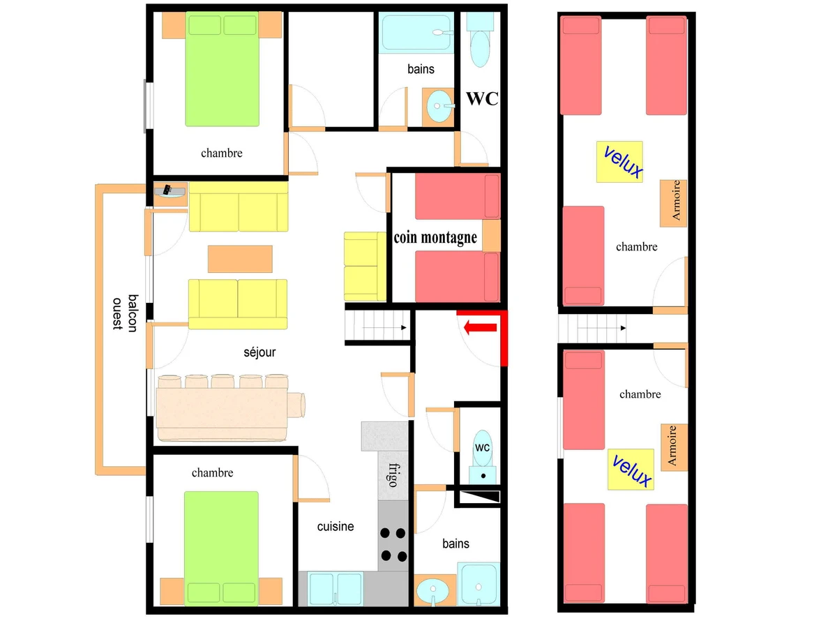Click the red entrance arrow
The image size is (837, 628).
tap(480, 327)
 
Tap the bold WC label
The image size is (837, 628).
tap(482, 99)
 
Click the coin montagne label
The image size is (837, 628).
tap(435, 237)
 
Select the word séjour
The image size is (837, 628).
tap(259, 352)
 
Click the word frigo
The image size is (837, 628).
tap(393, 475)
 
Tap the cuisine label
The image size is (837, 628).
tap(335, 526)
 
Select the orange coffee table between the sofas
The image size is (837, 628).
tap(240, 259)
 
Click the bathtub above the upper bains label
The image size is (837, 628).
tap(416, 32)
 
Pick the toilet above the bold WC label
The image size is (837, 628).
tap(480, 40)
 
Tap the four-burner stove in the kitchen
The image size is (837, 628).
tap(393, 545)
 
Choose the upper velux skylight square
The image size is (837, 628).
tap(619, 162)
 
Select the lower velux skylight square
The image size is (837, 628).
tap(631, 470)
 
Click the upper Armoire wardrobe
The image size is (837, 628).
tap(673, 203)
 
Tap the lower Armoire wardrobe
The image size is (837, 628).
tap(674, 447)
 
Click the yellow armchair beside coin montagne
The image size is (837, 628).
tap(365, 267)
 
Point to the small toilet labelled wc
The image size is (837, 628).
tap(483, 456)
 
